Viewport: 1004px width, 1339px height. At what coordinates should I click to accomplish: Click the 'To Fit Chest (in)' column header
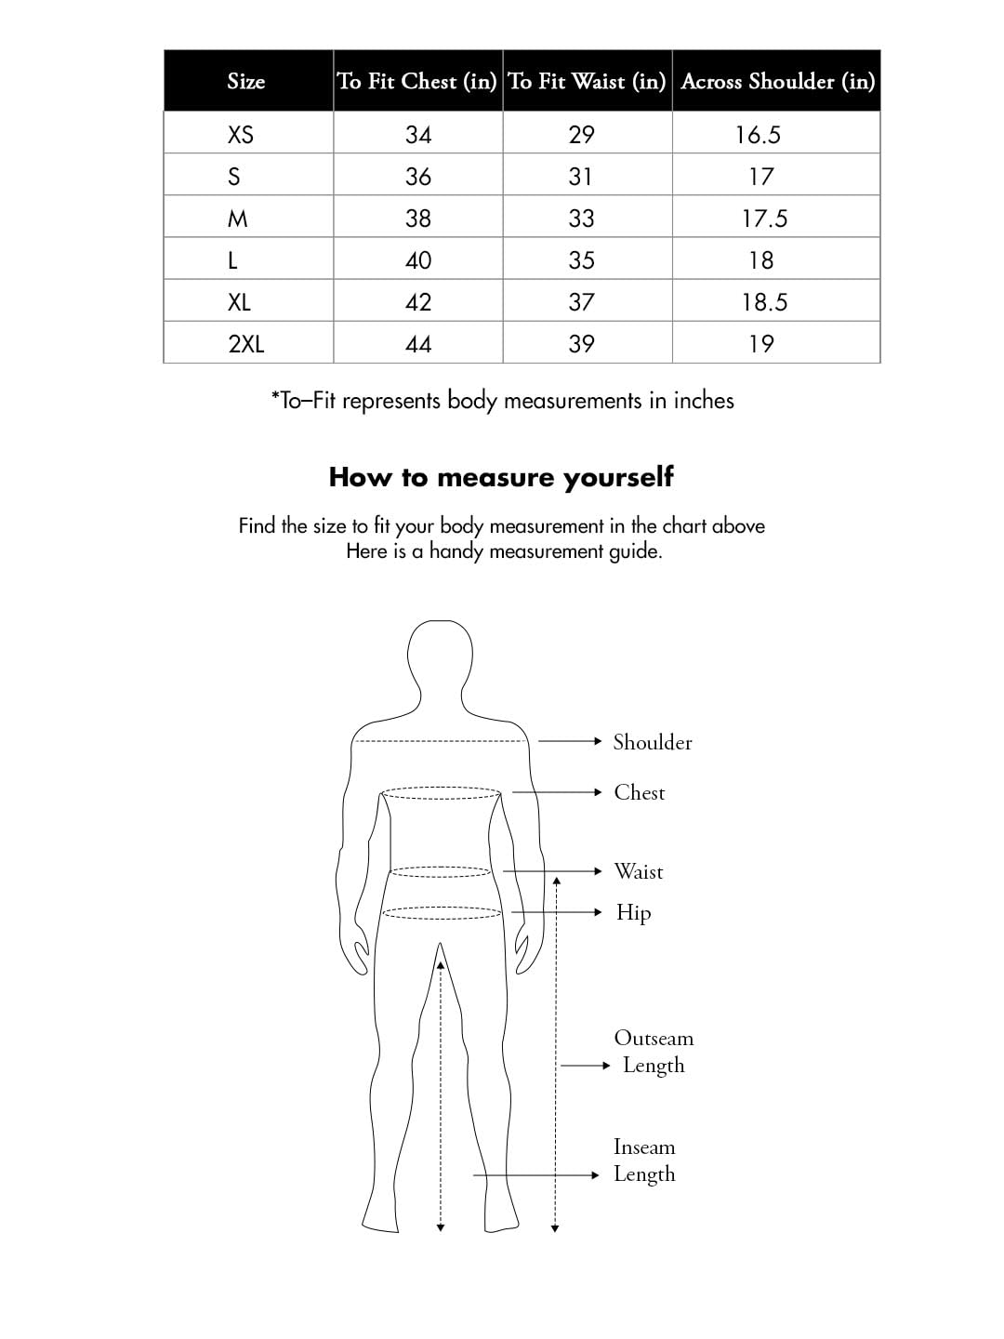417,82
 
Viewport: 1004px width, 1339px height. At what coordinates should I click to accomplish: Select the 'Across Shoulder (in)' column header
777,82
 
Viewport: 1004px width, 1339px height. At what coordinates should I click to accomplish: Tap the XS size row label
241,135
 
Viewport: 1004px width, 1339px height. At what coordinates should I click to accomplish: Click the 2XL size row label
246,344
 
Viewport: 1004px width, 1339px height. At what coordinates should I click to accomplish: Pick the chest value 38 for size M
418,219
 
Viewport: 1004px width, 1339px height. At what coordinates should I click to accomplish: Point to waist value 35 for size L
581,260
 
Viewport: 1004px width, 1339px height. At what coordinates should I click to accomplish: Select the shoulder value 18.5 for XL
764,302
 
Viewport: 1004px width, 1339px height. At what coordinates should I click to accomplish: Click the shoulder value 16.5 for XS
758,135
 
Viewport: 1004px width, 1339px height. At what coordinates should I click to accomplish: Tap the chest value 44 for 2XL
418,344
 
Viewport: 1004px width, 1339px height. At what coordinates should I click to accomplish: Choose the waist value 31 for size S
580,177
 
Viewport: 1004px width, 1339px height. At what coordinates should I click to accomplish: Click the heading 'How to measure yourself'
501,477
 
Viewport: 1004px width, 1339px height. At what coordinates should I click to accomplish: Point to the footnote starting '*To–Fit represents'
502,401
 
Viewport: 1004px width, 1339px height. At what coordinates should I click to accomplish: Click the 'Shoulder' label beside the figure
653,742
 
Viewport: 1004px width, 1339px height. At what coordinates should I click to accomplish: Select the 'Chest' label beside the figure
640,792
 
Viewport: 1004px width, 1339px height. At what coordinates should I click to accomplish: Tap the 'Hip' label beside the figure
633,912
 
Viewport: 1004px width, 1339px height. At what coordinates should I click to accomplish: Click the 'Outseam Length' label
654,1052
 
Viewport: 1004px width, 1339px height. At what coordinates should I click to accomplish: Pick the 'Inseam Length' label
644,1160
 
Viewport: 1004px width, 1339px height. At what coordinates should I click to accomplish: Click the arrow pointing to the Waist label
553,871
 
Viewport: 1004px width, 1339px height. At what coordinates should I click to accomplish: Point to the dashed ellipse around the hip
442,913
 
